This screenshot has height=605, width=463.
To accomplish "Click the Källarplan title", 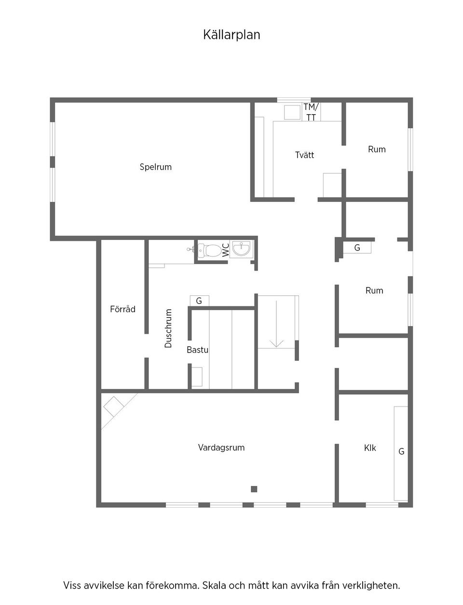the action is tap(231, 35).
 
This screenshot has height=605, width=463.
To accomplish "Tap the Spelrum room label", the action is tap(156, 167).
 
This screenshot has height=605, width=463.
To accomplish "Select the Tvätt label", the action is tap(305, 155).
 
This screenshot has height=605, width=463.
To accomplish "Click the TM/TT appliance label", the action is tap(311, 112).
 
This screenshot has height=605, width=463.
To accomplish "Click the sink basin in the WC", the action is tap(242, 249).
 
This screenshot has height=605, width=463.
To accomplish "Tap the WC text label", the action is tap(226, 250).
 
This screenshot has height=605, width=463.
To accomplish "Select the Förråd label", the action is tap(123, 309).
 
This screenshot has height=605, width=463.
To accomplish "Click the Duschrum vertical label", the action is tap(168, 329).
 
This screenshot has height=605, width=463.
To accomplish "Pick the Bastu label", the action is tap(197, 350).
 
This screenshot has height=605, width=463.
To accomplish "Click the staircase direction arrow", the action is tap(276, 324).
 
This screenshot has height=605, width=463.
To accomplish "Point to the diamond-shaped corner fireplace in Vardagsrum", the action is tap(113, 407).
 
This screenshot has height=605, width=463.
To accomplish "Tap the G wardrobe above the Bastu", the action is tap(199, 301).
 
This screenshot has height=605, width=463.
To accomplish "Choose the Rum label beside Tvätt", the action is tap(377, 149).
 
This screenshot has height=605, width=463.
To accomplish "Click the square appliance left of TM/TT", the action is tap(292, 112).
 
